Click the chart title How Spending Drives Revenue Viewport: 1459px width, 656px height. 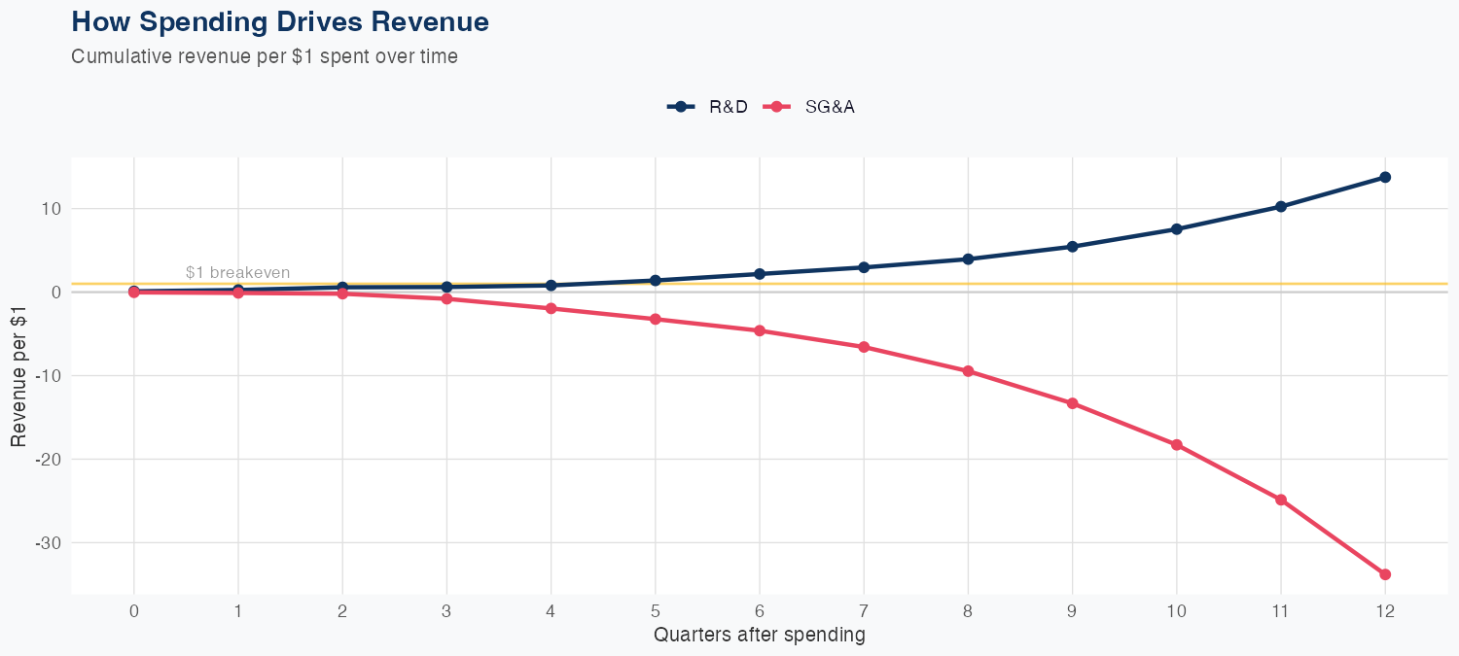click(x=280, y=21)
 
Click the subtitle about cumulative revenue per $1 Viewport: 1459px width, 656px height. click(x=265, y=56)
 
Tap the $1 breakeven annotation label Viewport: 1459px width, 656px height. click(x=237, y=272)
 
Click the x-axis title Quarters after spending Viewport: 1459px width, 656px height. click(x=759, y=636)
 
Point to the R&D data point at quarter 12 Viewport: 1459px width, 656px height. click(x=1385, y=177)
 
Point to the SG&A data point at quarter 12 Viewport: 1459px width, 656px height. click(x=1385, y=574)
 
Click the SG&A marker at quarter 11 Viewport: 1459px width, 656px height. click(x=1281, y=500)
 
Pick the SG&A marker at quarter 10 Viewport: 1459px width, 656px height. click(x=1177, y=445)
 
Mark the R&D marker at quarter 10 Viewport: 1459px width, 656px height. click(x=1177, y=229)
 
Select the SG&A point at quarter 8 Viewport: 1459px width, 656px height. click(x=968, y=371)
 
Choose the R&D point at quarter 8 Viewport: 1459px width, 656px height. click(x=968, y=259)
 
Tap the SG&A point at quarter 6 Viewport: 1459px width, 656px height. click(x=760, y=330)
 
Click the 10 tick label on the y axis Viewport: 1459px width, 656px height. click(x=52, y=209)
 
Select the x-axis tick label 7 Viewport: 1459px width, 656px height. click(x=864, y=611)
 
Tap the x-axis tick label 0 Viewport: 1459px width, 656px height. click(x=134, y=611)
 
